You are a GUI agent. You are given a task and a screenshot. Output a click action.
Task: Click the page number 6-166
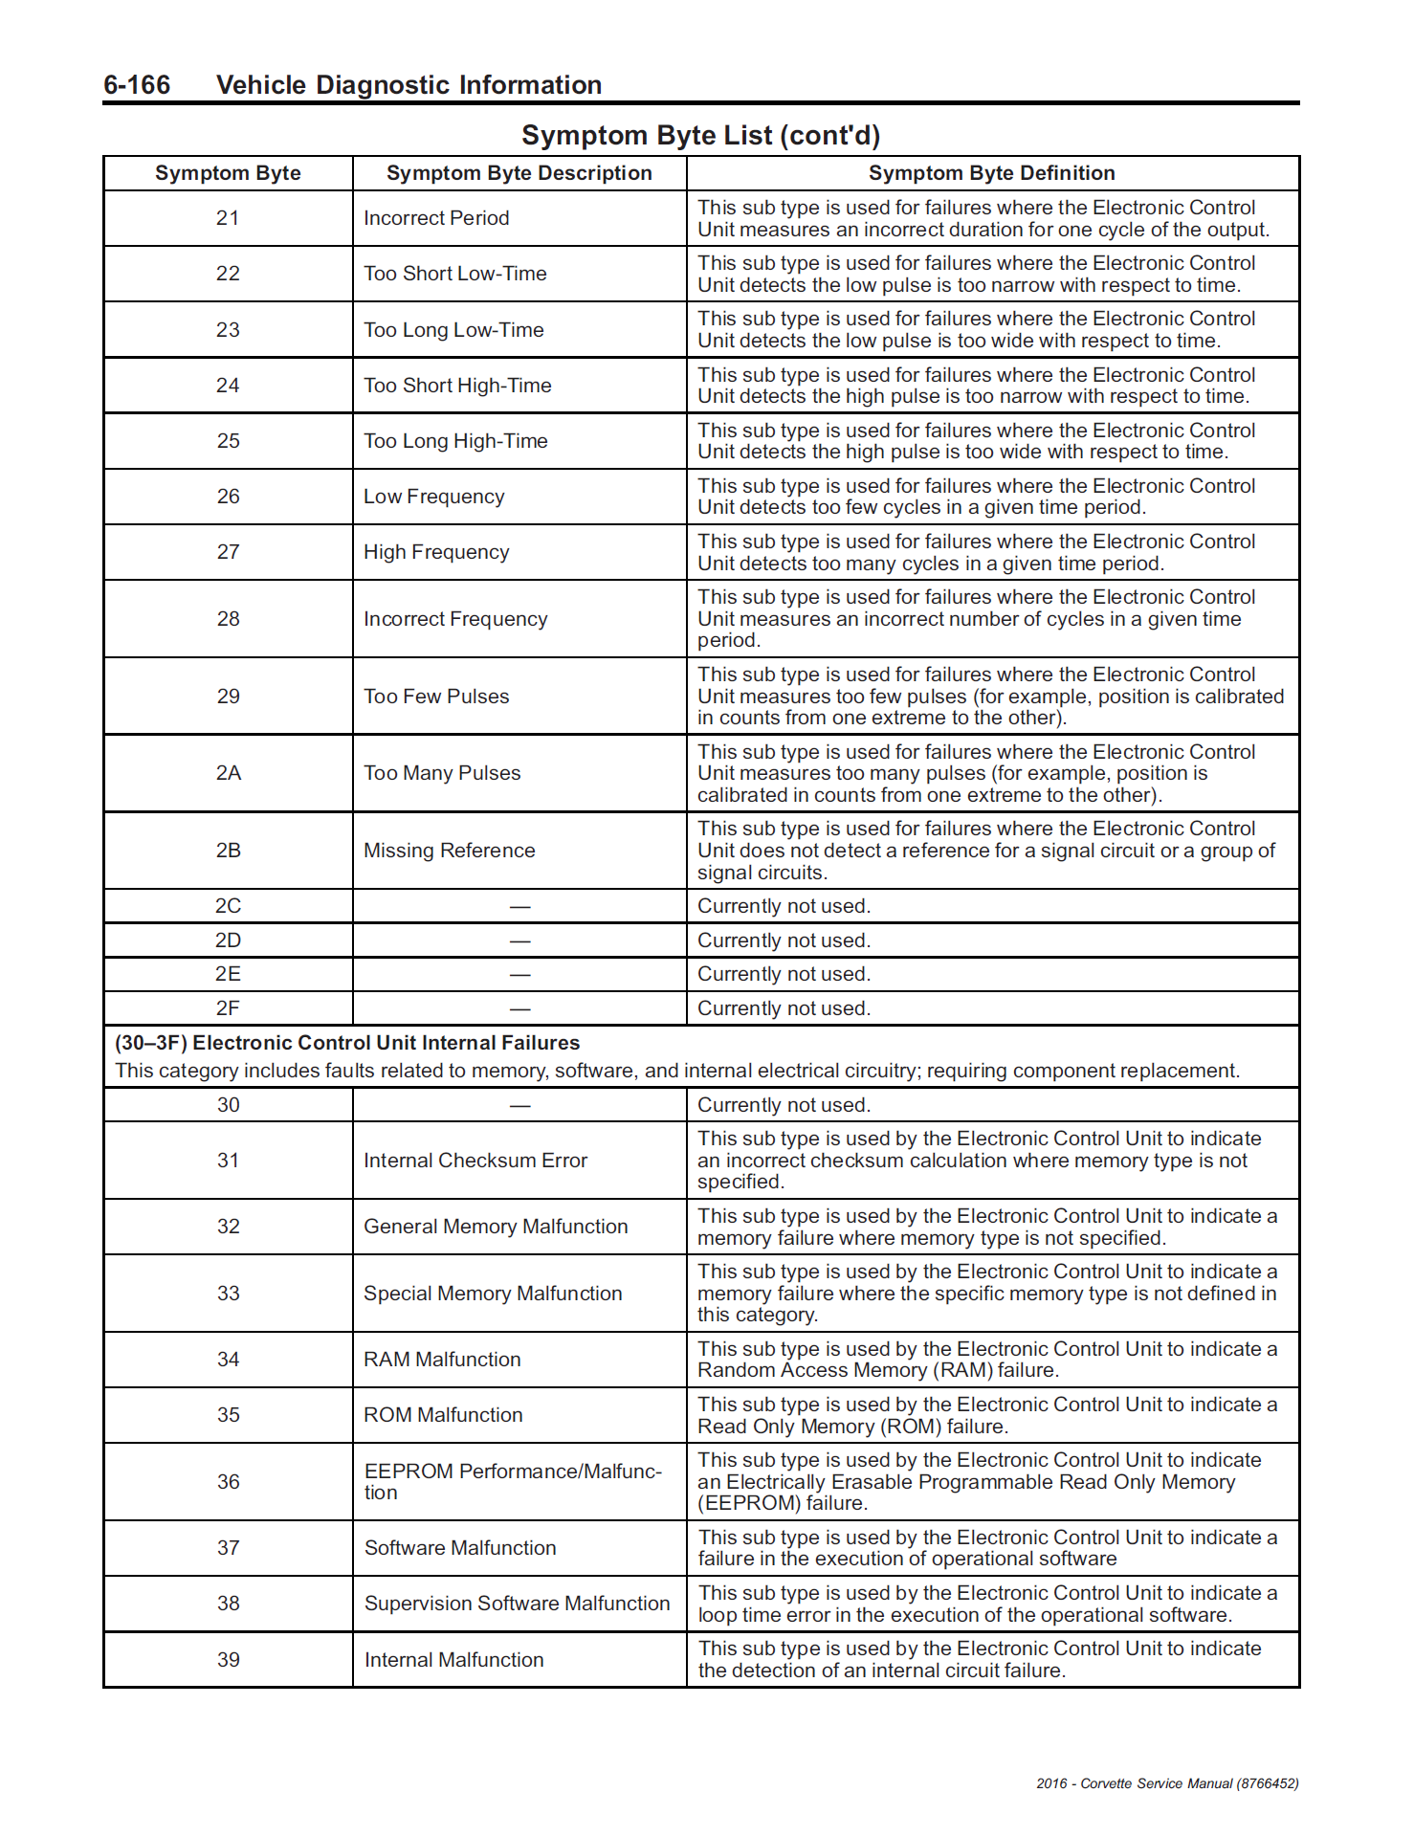tap(137, 85)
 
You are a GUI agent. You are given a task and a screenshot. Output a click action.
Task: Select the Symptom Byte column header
tap(228, 173)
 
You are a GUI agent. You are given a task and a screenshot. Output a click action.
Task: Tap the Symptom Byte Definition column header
tap(991, 173)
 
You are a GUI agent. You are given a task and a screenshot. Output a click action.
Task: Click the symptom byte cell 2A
tap(228, 773)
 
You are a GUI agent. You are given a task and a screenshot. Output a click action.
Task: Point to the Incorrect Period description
tap(436, 218)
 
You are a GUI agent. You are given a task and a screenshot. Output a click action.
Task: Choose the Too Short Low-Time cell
tap(455, 274)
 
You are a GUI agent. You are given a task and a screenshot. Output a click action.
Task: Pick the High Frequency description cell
tap(436, 552)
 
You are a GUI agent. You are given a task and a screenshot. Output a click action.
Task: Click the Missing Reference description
tap(450, 851)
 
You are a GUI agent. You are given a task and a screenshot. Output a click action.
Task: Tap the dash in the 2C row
tap(519, 906)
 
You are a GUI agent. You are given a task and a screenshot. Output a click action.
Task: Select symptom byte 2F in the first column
tap(228, 1008)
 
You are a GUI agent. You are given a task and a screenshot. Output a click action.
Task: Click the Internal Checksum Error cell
tap(475, 1161)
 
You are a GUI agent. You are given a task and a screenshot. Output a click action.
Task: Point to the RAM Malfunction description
tap(442, 1360)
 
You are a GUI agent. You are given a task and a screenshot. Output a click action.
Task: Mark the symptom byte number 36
tap(228, 1482)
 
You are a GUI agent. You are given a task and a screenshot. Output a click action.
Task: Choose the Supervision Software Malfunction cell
tap(517, 1604)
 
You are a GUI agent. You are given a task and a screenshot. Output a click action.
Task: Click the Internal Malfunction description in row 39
tap(453, 1660)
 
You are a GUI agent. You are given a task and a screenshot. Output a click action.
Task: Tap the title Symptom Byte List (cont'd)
tap(700, 136)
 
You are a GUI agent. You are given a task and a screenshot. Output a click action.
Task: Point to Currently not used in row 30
tap(784, 1105)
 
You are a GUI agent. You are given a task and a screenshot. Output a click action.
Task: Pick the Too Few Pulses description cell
tap(436, 697)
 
